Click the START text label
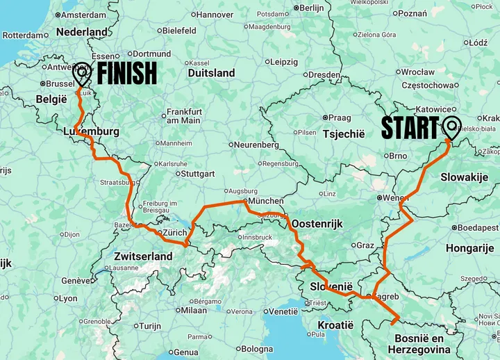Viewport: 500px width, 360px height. point(410,129)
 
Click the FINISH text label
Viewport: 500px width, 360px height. point(126,73)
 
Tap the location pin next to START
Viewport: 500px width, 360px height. point(451,129)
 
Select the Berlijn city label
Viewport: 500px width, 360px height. point(312,8)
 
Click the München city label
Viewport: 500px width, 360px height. point(265,201)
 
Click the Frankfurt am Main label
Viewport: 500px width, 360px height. point(183,116)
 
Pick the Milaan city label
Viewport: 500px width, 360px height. point(194,311)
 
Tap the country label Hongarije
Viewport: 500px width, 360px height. point(469,248)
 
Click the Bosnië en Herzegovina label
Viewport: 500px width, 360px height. point(419,343)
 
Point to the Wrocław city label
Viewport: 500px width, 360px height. point(417,72)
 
